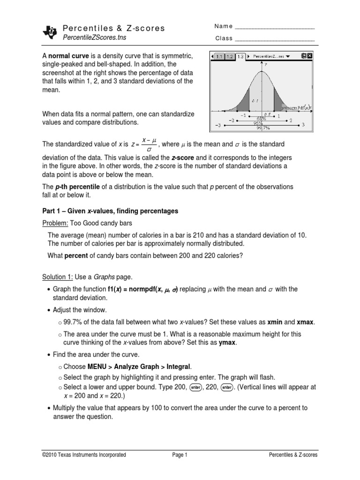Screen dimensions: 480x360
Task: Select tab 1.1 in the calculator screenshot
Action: (219, 56)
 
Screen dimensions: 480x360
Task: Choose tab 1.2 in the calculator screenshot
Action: (230, 56)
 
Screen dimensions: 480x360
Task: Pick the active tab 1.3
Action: (240, 56)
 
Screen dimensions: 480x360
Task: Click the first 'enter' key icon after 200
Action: (196, 388)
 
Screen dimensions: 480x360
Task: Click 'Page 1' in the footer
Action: (180, 455)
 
